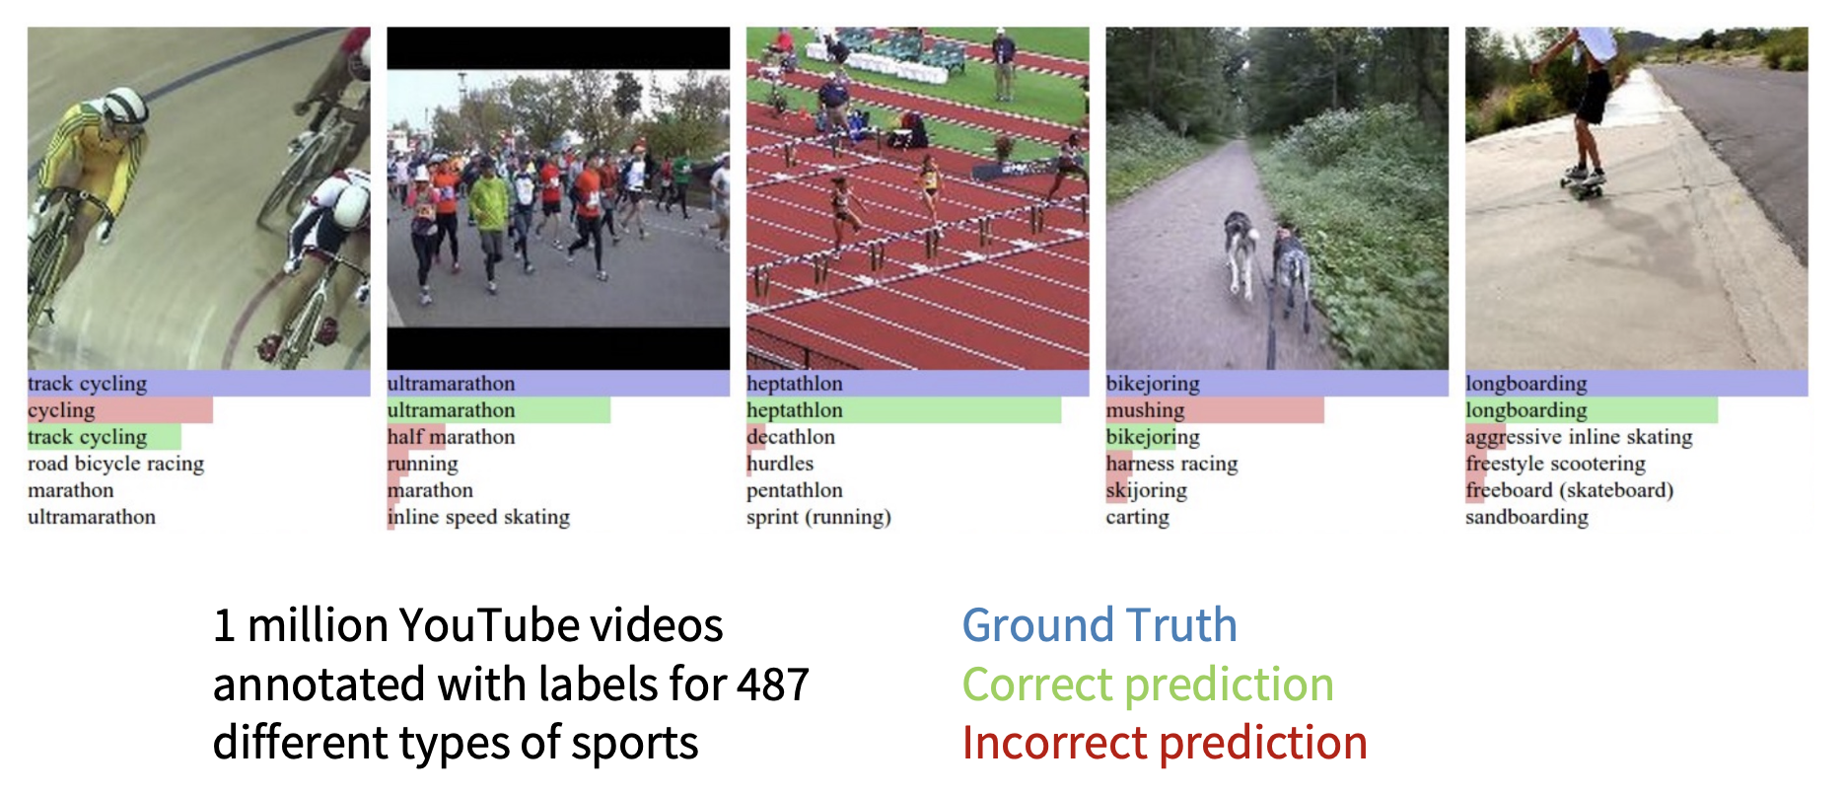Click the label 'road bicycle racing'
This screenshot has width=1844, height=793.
(115, 464)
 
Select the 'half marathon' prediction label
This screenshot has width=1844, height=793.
(451, 437)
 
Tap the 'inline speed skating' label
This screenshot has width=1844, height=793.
(478, 517)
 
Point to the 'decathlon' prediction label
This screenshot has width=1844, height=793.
(791, 437)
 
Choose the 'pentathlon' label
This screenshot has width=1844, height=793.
(795, 490)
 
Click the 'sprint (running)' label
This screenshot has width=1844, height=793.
(818, 517)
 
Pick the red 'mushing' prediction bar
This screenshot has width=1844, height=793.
(1215, 410)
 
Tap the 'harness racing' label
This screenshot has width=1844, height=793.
(1171, 464)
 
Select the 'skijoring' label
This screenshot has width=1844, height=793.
(1147, 490)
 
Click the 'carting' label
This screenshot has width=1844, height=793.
(1138, 517)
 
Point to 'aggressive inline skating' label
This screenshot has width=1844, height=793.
(1579, 437)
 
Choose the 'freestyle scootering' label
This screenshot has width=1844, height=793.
(1555, 464)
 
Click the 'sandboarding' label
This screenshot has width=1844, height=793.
(1526, 517)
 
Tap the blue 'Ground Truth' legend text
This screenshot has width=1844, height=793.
(1099, 625)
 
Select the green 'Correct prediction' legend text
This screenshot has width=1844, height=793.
(1148, 685)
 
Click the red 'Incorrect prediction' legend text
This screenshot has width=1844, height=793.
(1165, 743)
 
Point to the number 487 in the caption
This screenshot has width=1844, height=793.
(773, 685)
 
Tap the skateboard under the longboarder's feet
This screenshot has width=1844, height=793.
(1583, 182)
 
